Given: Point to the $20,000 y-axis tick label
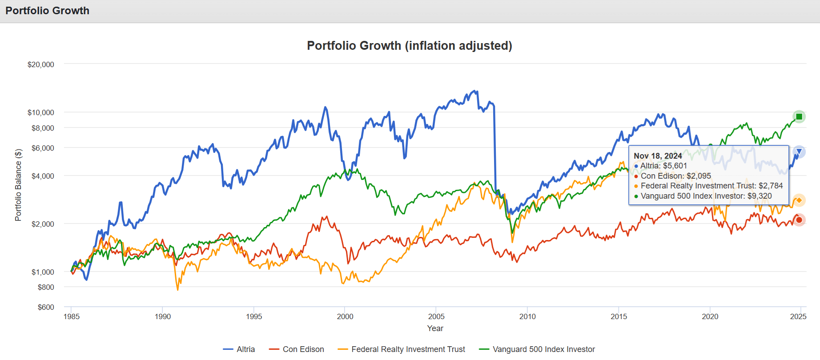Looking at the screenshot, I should click(x=41, y=64).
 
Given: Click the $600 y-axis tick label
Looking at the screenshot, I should click(x=46, y=307).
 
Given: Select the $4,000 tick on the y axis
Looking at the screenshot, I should click(x=43, y=176).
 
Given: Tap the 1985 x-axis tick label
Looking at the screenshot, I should click(x=72, y=316).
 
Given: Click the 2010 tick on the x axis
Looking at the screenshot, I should click(x=527, y=316).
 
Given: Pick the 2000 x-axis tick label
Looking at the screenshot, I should click(x=345, y=316).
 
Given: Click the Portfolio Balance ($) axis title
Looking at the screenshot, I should click(x=18, y=184).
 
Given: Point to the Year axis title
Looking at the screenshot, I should click(x=435, y=328).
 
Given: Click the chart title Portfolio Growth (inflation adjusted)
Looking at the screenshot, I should click(x=410, y=46).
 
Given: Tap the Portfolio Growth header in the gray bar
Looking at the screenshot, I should click(x=48, y=11).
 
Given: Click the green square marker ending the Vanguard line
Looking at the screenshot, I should click(x=799, y=117).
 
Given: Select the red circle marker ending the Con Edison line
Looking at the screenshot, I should click(x=799, y=220).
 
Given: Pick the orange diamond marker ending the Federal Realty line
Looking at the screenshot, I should click(x=799, y=200).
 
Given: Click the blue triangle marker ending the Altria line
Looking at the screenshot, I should click(x=799, y=152).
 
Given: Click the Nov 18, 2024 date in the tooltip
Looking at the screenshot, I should click(x=658, y=156).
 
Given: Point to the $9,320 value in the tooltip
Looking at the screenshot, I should click(x=760, y=196).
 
